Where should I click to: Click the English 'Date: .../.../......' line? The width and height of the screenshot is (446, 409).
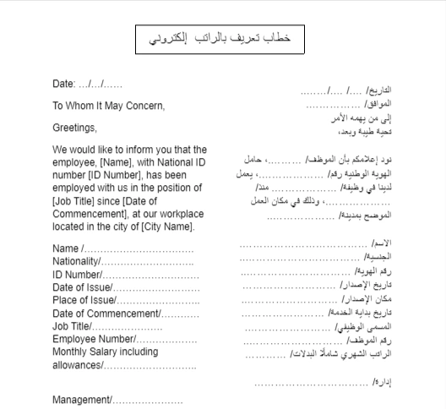coord(88,85)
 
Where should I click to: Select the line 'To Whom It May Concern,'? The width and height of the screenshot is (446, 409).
coord(109,106)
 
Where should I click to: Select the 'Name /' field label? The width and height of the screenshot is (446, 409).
coord(67,249)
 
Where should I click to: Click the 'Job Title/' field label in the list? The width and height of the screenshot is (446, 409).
coord(73,326)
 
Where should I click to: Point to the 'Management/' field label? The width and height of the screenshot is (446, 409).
coord(82,399)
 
